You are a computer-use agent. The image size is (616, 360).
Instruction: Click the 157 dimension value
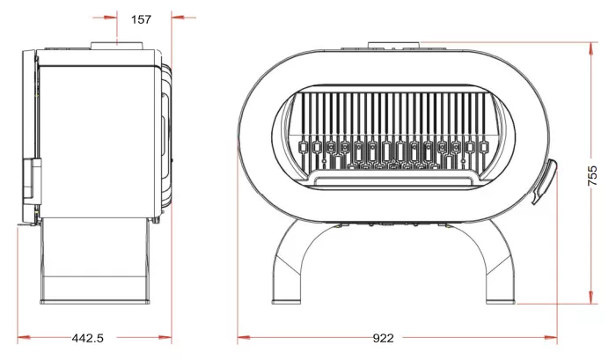(141, 19)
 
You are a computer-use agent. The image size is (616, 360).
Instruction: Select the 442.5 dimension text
(88, 338)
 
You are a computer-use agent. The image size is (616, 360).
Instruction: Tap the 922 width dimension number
(383, 338)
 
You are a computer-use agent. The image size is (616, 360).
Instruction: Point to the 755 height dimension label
(592, 175)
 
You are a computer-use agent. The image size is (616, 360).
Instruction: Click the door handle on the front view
(544, 181)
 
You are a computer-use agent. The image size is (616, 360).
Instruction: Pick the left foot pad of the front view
(286, 302)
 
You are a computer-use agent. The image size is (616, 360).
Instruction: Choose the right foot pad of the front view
(501, 302)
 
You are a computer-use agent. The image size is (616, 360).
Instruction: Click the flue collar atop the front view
(394, 45)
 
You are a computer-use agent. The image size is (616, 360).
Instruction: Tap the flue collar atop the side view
(116, 46)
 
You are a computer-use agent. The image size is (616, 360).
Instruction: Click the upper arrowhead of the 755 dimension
(591, 48)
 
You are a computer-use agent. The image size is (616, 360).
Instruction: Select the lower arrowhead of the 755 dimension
(591, 298)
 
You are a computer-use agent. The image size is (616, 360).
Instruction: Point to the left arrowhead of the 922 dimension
(244, 337)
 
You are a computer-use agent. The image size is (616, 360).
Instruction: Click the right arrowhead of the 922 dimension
(550, 337)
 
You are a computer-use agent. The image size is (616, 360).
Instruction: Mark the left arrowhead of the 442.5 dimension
(25, 337)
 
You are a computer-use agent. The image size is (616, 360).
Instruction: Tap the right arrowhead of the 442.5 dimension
(165, 337)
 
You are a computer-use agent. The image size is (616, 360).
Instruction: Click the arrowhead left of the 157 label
(110, 18)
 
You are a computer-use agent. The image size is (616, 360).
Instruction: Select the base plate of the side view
(95, 302)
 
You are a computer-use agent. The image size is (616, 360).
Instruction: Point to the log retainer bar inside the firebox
(394, 180)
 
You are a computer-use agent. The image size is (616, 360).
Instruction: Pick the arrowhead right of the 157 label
(179, 18)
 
